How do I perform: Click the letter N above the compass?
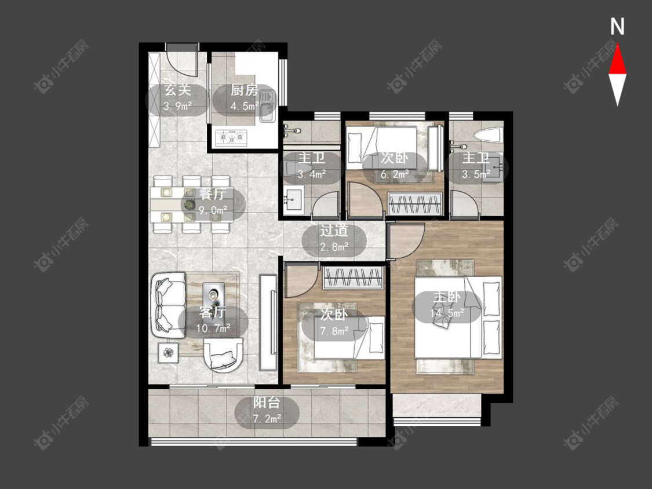point(617,27)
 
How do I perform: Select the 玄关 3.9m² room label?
point(177,98)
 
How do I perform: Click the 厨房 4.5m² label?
point(245,98)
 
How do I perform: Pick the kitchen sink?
point(267,107)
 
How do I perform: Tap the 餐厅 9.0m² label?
point(213,203)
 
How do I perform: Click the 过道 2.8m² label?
point(334,239)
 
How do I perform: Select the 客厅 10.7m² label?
point(213,321)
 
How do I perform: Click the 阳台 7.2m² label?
point(267,410)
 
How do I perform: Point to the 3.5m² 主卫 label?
point(476,166)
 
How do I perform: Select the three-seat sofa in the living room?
point(170,305)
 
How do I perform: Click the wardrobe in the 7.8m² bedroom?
point(353,278)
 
